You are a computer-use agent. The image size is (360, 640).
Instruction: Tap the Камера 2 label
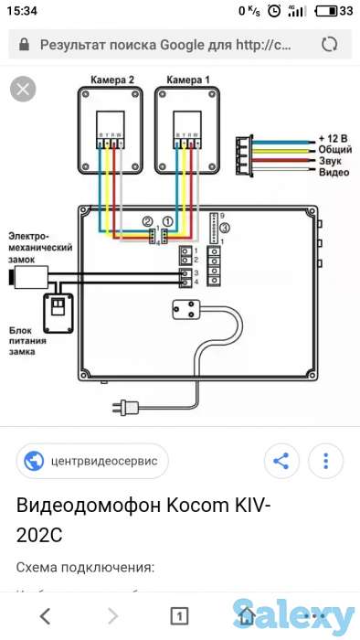[x=112, y=80]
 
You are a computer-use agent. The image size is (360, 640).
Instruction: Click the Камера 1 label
[x=188, y=80]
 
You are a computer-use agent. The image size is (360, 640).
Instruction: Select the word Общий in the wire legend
[x=334, y=148]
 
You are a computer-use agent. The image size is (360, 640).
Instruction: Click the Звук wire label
[x=330, y=160]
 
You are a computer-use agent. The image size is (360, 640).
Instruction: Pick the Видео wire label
[x=333, y=172]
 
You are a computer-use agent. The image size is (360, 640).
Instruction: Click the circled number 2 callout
[x=147, y=222]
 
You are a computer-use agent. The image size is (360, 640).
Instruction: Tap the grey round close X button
[x=23, y=89]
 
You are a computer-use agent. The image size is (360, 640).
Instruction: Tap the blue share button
[x=281, y=461]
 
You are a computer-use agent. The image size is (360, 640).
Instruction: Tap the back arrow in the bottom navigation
[x=45, y=613]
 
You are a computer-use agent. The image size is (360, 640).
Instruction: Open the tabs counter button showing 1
[x=179, y=613]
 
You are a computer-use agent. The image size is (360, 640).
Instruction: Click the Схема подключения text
[x=84, y=567]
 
